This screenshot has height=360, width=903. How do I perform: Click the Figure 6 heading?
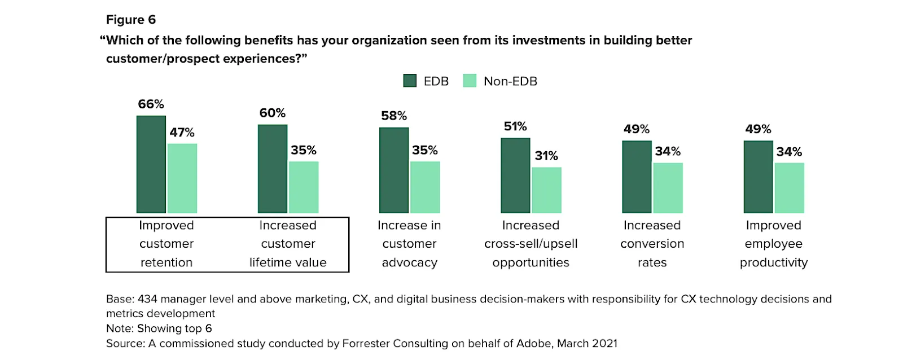click(x=131, y=20)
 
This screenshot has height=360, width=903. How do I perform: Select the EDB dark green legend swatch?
click(x=410, y=81)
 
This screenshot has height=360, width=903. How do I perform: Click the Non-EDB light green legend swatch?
click(x=470, y=81)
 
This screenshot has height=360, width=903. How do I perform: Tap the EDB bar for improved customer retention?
click(x=151, y=164)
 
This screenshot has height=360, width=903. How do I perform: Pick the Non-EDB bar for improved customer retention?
click(x=182, y=178)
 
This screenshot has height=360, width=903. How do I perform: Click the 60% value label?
click(x=273, y=113)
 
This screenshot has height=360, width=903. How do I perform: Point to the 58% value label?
click(x=394, y=116)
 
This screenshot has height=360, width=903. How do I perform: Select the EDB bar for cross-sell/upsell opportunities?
click(x=515, y=175)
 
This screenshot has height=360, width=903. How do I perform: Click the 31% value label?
click(x=546, y=156)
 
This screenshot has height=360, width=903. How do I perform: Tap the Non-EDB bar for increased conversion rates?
click(x=668, y=188)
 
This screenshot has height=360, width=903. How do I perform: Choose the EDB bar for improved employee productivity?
click(x=758, y=177)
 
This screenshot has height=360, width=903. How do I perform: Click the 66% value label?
click(x=151, y=104)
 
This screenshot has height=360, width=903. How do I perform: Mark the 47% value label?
click(x=182, y=133)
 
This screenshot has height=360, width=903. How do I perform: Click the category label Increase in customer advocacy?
click(x=409, y=244)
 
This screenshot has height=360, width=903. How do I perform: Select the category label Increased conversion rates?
click(x=652, y=244)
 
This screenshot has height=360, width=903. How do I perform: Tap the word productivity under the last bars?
click(x=773, y=262)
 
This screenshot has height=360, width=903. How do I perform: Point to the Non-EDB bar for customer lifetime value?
click(x=304, y=187)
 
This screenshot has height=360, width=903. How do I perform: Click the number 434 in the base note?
click(x=147, y=299)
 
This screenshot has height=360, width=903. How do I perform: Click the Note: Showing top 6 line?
click(x=159, y=328)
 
